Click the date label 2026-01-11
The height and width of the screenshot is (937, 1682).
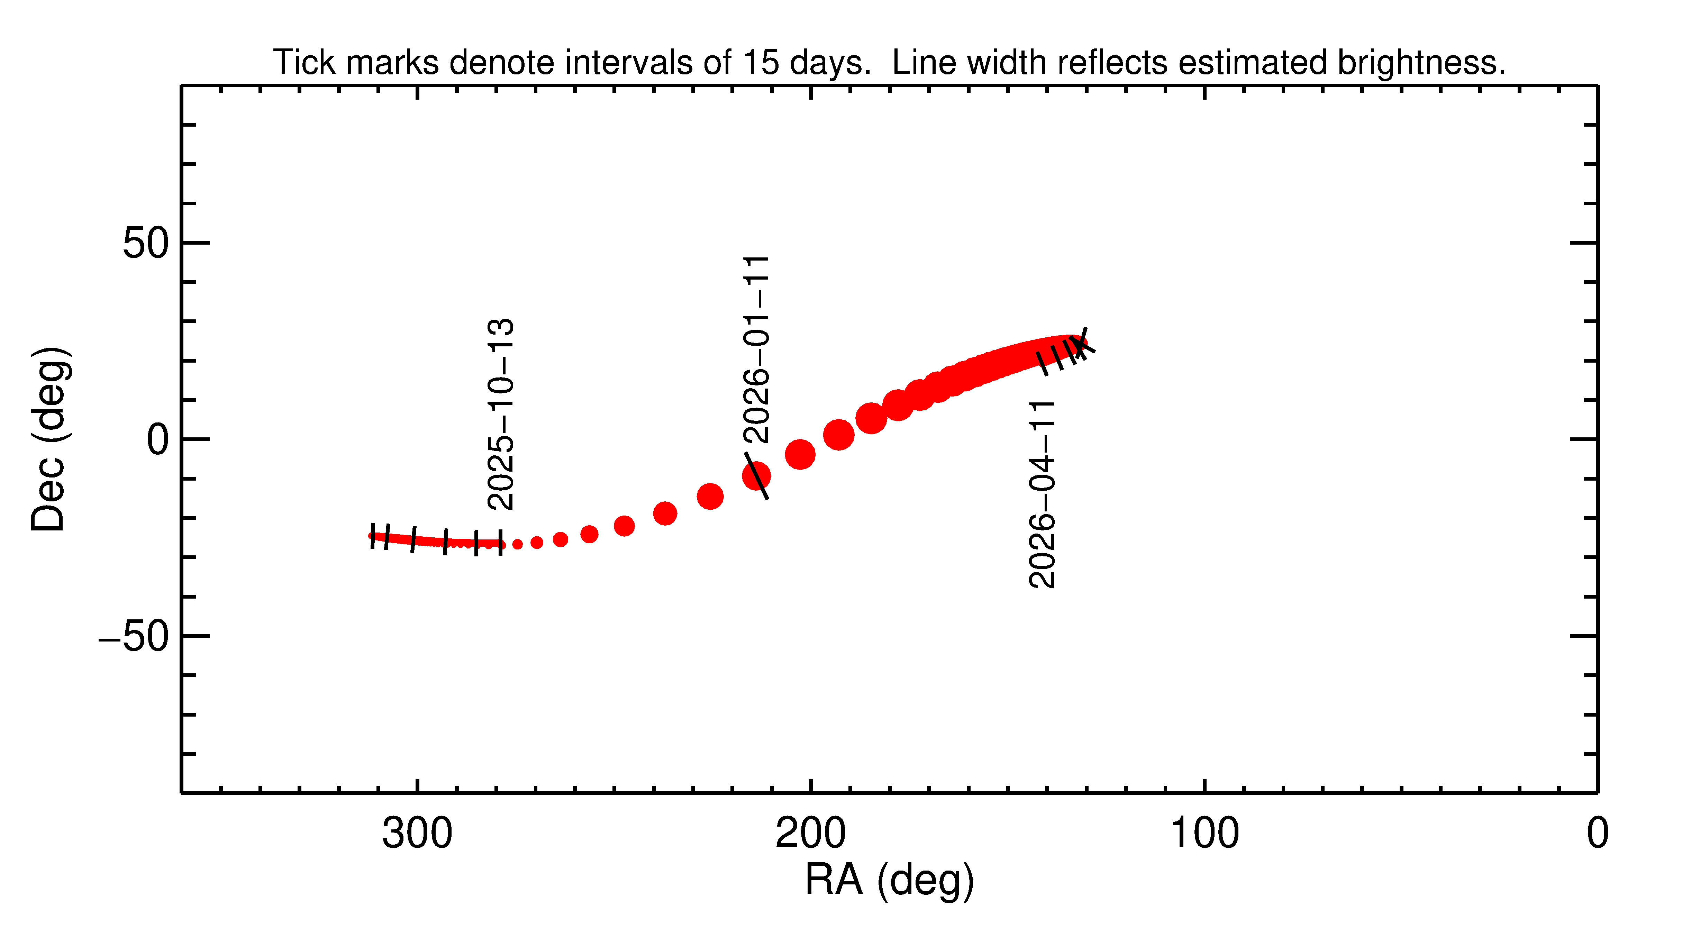(x=757, y=349)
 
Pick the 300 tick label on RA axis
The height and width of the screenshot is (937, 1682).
(x=417, y=834)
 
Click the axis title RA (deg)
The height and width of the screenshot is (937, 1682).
(x=889, y=880)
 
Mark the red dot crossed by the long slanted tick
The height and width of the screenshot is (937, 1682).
(x=756, y=476)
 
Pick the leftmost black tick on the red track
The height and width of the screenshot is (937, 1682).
(x=373, y=536)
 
